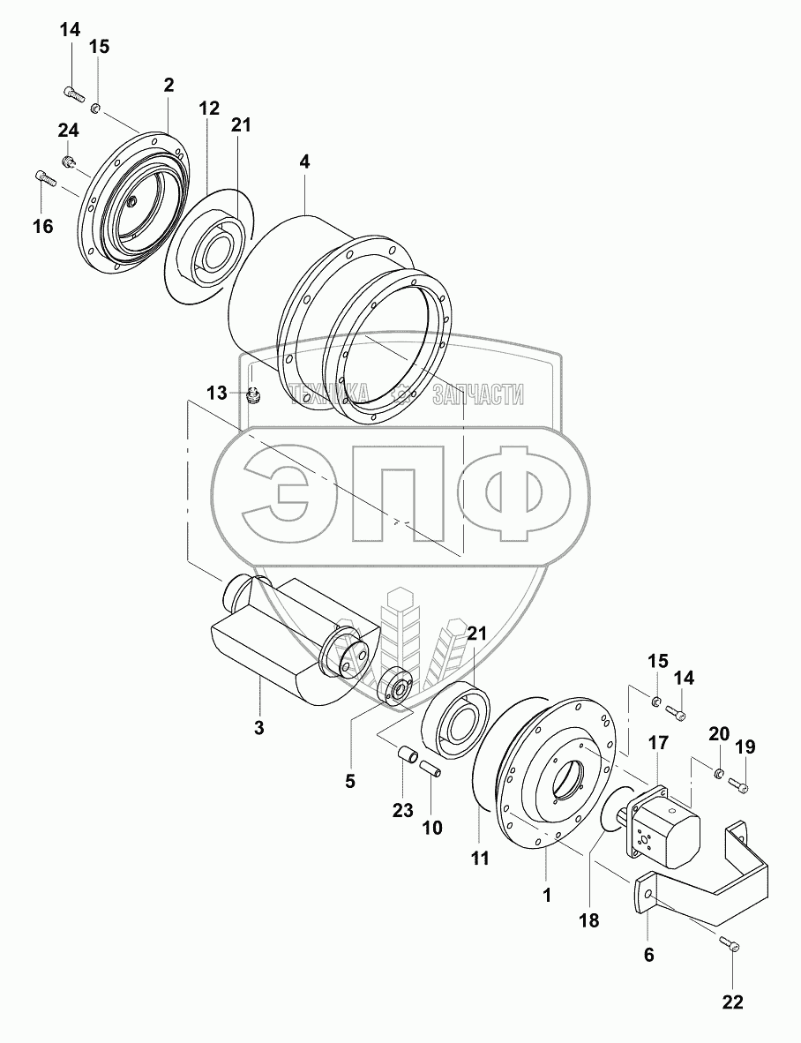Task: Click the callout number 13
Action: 217,394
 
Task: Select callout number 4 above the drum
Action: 304,161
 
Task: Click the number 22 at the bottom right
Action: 732,1002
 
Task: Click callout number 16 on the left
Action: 42,226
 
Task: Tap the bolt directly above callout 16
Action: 44,177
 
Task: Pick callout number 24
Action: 68,131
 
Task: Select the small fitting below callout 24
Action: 68,161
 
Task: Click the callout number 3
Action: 258,727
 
